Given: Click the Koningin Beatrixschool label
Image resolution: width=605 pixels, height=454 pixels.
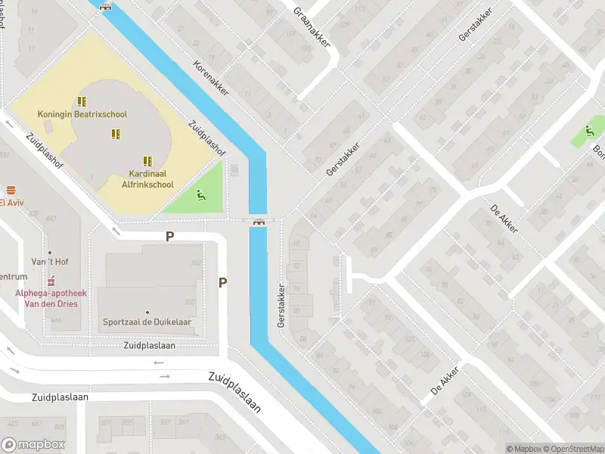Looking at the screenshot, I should click(82, 114).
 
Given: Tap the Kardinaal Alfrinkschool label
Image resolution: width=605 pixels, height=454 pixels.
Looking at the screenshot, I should click(147, 179).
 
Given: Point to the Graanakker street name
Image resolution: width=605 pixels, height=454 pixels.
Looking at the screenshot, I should click(312, 27).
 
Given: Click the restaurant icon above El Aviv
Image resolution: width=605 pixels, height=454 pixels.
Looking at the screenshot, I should click(11, 191).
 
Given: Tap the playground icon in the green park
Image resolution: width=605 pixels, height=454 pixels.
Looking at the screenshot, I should click(200, 196).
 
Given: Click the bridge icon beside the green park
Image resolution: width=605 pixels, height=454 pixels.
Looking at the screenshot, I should click(259, 222).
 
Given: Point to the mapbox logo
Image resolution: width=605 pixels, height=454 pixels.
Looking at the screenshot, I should click(33, 445).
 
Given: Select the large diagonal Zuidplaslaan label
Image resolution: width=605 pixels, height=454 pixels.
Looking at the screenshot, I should click(234, 392).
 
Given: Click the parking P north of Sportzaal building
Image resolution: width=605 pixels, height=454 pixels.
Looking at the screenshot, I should click(170, 236).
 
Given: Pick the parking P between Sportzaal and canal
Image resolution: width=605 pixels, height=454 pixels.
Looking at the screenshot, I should click(222, 282).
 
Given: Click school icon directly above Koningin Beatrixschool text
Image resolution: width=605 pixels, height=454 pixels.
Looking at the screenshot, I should click(82, 101).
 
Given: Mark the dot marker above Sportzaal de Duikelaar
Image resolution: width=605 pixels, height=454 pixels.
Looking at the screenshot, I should click(147, 312).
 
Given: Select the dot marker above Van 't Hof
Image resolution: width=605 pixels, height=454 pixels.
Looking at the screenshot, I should click(50, 253).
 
